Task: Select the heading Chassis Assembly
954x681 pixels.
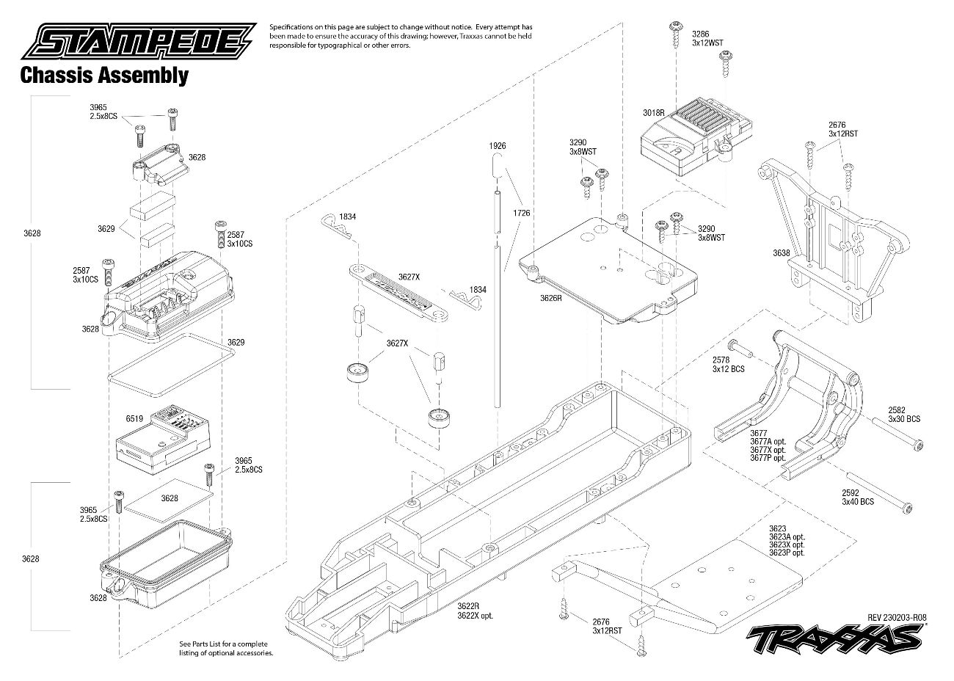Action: [x=103, y=75]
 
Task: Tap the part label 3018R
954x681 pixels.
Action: [x=652, y=112]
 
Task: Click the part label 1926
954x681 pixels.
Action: [x=499, y=146]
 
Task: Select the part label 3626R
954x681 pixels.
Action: [x=550, y=298]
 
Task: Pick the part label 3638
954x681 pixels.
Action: [x=781, y=253]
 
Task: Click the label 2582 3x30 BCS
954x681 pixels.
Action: [x=903, y=415]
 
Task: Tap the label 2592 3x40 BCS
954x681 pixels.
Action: [x=858, y=497]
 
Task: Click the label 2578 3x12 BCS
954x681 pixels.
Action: [x=728, y=364]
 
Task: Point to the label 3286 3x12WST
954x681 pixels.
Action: [x=707, y=38]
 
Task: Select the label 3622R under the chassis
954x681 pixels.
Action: [x=467, y=606]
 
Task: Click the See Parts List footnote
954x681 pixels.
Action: [x=226, y=648]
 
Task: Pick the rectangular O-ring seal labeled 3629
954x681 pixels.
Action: [x=172, y=358]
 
